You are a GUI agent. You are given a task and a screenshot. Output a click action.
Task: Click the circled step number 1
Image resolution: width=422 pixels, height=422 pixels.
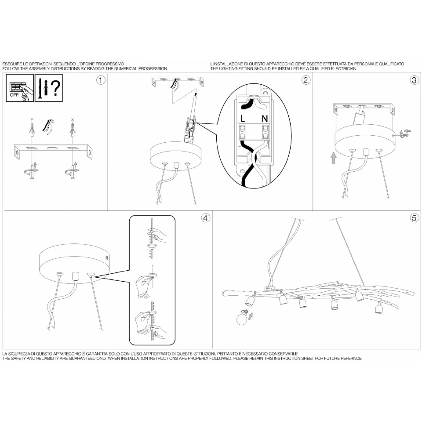101,80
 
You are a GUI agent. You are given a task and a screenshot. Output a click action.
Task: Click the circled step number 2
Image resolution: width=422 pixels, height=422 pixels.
306,80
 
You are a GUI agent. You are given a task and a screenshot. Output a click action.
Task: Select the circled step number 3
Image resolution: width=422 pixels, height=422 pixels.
414,80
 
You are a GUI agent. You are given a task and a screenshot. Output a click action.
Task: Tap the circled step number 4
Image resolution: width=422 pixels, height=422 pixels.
206,218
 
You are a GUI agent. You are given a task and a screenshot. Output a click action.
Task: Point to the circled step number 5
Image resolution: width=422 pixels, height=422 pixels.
414,218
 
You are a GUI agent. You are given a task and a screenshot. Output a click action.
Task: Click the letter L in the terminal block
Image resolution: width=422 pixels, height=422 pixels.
243,119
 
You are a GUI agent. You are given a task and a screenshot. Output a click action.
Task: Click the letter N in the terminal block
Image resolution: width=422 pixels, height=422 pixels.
264,119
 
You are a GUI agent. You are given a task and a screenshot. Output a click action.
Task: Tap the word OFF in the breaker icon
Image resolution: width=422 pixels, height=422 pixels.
14,95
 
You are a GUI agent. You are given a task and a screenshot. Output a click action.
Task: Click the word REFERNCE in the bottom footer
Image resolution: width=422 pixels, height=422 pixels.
352,358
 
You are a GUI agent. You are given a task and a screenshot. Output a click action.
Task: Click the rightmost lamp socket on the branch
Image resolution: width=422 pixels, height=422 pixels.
379,308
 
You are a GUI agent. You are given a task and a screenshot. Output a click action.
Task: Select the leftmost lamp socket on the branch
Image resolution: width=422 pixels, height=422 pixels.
250,300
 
